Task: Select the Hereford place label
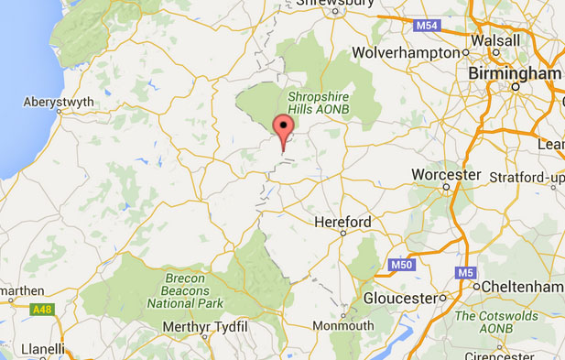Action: (x=342, y=222)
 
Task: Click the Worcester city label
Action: (x=446, y=174)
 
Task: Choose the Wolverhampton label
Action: (x=417, y=52)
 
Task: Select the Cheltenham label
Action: (x=524, y=286)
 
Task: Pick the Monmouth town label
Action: (x=342, y=325)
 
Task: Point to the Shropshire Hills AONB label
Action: (x=319, y=103)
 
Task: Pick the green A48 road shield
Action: (x=43, y=310)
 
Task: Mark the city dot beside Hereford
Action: (x=342, y=233)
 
